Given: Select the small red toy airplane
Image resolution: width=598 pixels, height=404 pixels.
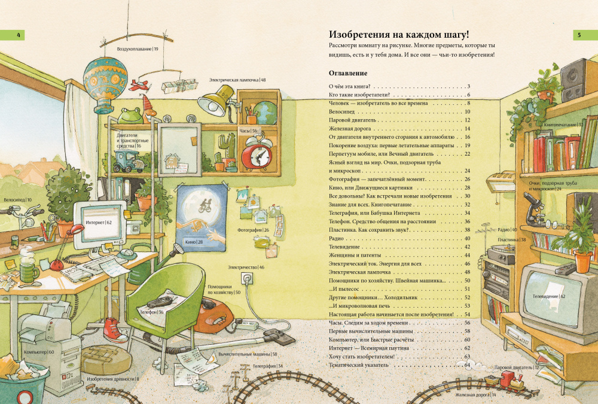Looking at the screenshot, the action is [x=139, y=85].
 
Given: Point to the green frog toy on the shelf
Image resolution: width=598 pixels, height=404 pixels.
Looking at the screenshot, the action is [x=130, y=116].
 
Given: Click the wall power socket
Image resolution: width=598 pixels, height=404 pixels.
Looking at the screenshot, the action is [x=247, y=279].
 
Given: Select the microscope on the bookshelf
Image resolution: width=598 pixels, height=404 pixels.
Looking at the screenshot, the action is [x=533, y=209].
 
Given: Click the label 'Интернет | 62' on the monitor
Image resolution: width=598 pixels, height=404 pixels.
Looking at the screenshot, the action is [x=99, y=222].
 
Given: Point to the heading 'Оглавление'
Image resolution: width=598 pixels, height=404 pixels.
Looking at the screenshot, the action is [x=348, y=73].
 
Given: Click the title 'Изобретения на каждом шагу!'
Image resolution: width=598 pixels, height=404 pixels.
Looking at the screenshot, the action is [x=399, y=35].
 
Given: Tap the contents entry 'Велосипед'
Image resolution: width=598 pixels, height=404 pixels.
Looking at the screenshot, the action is [x=341, y=111].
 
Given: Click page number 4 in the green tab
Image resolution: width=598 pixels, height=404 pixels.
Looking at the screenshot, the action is [x=19, y=35].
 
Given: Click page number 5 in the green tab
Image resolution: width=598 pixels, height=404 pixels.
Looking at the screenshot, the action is [x=579, y=35].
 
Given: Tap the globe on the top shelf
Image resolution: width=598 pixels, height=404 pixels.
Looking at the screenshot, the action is [x=265, y=113].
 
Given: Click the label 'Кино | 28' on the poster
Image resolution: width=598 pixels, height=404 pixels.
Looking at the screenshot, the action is [x=194, y=242].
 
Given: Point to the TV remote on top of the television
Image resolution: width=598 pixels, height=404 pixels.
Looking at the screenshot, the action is [x=565, y=269].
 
